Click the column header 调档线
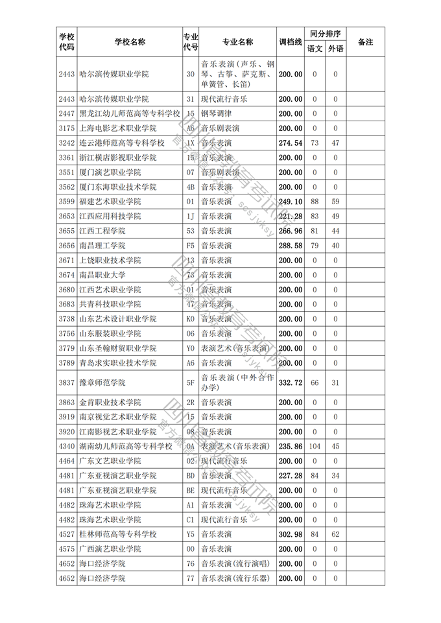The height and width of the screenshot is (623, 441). (x=291, y=42)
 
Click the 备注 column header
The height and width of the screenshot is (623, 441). (x=365, y=42)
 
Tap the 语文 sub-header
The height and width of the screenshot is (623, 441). (x=315, y=49)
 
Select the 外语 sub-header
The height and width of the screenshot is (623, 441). (x=335, y=49)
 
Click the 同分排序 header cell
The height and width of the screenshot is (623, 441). (x=325, y=34)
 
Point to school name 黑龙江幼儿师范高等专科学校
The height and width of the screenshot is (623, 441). (x=129, y=113)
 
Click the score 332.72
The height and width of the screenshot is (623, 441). (x=291, y=383)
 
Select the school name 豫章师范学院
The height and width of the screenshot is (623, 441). (x=102, y=383)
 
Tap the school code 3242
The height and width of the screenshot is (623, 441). (x=66, y=143)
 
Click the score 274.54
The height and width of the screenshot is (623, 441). (x=291, y=143)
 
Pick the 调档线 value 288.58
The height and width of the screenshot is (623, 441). (x=291, y=246)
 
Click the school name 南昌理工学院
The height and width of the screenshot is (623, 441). (x=102, y=246)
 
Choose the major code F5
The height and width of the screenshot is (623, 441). (x=191, y=246)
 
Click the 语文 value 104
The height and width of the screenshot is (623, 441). (x=315, y=446)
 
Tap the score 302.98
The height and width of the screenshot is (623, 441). (x=291, y=534)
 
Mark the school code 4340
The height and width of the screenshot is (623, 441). (x=66, y=446)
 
